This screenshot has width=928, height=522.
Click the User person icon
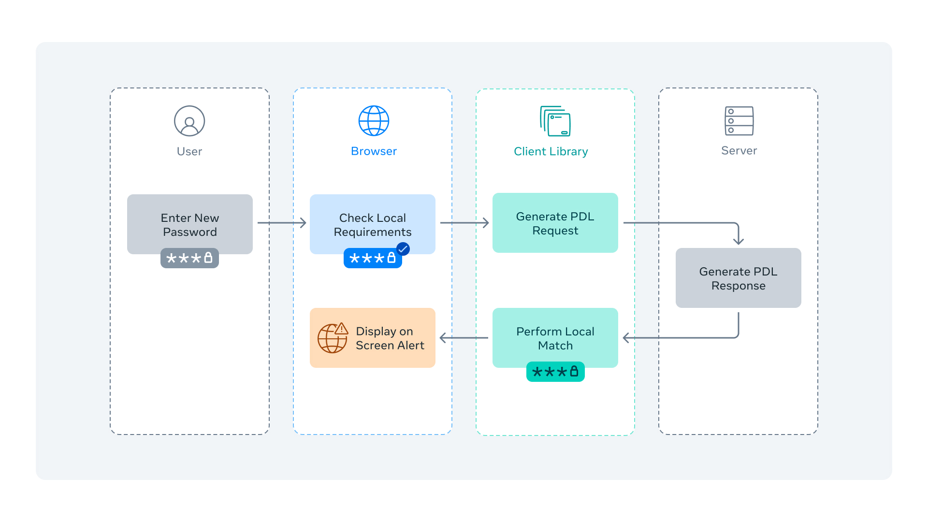click(x=189, y=121)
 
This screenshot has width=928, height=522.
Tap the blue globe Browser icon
click(x=374, y=121)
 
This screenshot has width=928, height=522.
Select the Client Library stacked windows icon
click(x=555, y=121)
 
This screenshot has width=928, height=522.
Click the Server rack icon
click(x=739, y=121)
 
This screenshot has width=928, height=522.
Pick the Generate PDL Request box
click(x=555, y=223)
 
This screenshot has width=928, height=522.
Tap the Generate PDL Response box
click(x=738, y=278)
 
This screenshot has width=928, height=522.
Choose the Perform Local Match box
click(x=555, y=338)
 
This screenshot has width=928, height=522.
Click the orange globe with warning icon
click(x=333, y=338)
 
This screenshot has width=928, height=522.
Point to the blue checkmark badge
click(x=403, y=249)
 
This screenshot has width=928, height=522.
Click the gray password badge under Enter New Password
click(x=189, y=258)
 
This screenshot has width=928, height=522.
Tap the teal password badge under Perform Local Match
click(x=555, y=372)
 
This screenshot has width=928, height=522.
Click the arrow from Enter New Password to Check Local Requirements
click(x=282, y=223)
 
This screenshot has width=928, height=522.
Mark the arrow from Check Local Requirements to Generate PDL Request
click(x=464, y=223)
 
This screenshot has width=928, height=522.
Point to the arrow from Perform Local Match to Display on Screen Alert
click(x=464, y=338)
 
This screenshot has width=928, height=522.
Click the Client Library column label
click(x=551, y=151)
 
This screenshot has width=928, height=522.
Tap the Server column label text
click(x=739, y=150)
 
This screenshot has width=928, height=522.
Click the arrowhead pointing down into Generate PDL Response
click(x=738, y=240)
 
